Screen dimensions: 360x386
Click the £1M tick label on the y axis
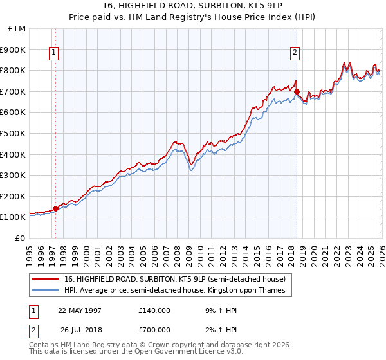pos(16,29)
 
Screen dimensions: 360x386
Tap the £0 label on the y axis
pos(19,238)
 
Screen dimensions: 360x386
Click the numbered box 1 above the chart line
pos(53,53)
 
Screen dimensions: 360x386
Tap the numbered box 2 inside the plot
pos(295,53)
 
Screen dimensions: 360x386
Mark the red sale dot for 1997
pos(56,208)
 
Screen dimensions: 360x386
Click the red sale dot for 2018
pos(297,91)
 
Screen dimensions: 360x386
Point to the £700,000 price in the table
pos(154,329)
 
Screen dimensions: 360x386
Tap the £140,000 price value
pos(154,310)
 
